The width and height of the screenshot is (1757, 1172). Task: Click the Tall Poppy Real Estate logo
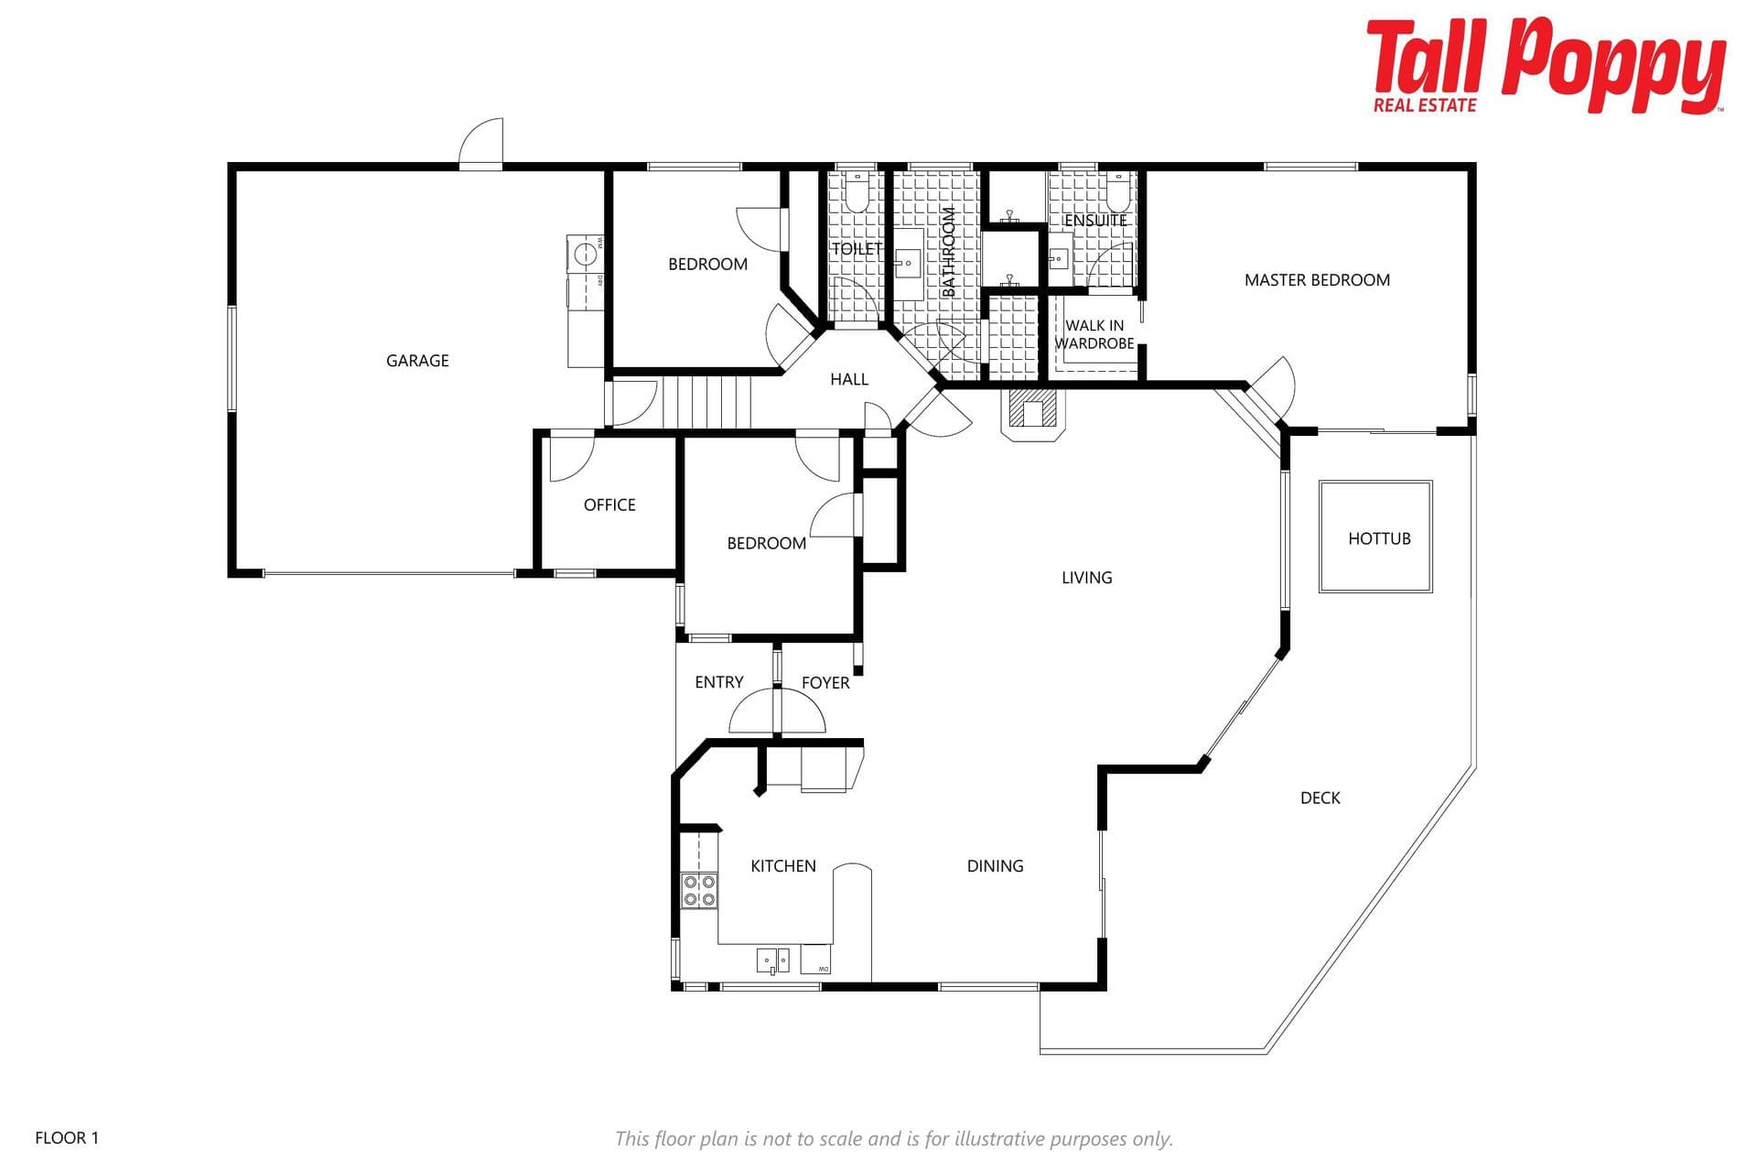[1546, 66]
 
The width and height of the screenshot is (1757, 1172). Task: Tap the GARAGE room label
[417, 361]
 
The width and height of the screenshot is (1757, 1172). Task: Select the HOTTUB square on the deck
[1375, 537]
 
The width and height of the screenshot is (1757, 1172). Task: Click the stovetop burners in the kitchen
[699, 891]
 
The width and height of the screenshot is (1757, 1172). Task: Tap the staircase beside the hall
[706, 402]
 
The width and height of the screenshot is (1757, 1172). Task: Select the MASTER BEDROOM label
[1317, 280]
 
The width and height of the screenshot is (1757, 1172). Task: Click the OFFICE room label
[609, 505]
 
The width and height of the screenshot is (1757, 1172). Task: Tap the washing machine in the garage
[585, 254]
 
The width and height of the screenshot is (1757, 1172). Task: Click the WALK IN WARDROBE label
[1094, 334]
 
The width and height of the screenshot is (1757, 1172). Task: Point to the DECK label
[1320, 798]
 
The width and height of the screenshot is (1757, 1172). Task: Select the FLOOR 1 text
[67, 1138]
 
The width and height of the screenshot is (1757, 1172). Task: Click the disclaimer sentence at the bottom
[893, 1139]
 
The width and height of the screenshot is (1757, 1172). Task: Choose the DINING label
[995, 866]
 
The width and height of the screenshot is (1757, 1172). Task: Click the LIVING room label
[1087, 578]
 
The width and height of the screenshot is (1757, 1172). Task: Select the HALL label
[849, 379]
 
